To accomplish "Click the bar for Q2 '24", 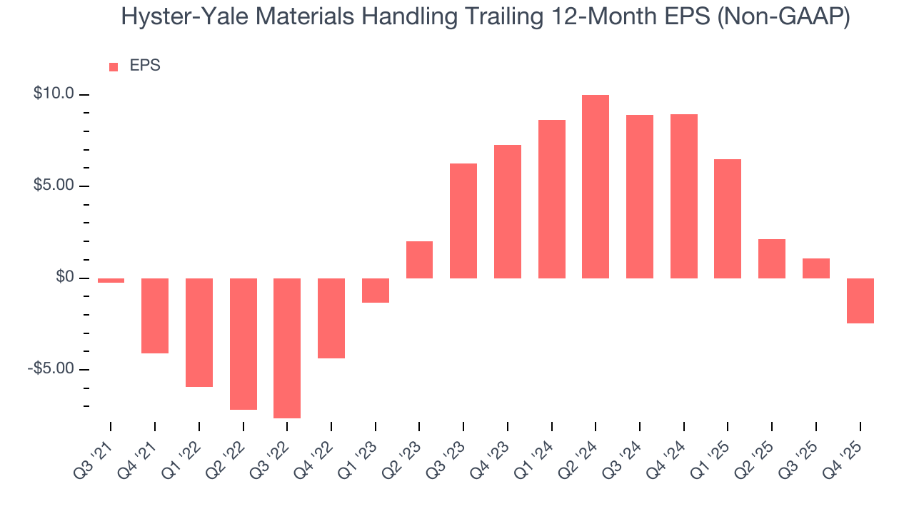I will (x=596, y=186).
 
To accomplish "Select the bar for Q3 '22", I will (x=287, y=348).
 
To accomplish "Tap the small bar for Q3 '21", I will (x=111, y=281).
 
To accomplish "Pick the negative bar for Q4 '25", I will (x=860, y=301).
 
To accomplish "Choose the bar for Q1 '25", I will (x=728, y=218).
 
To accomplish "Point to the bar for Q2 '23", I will (x=419, y=260).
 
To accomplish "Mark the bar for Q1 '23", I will (x=376, y=291).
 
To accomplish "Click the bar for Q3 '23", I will (x=463, y=221).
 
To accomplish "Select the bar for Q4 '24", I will (x=684, y=196).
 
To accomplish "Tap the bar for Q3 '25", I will (x=816, y=268).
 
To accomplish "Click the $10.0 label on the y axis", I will (x=54, y=94).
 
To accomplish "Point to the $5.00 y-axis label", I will (x=54, y=185).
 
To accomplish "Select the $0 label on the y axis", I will (x=66, y=277).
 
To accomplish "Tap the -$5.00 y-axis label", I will (x=51, y=368).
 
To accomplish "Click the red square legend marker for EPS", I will (x=114, y=67).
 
